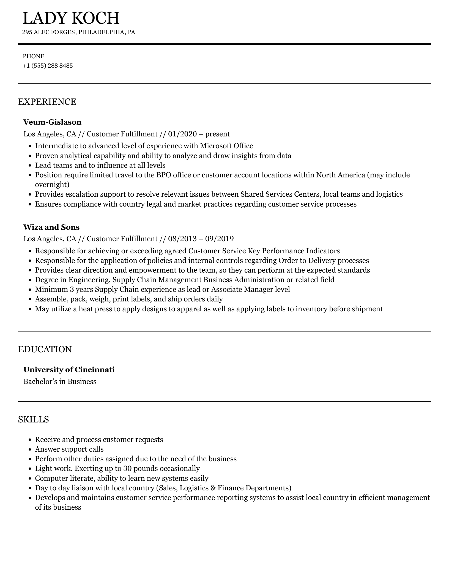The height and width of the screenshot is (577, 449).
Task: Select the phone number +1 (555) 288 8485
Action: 48,66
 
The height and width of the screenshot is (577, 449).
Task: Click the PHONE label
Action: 34,56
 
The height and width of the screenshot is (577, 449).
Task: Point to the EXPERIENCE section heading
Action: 47,102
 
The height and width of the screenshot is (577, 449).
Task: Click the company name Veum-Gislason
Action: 52,122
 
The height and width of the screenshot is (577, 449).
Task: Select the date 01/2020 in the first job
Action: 182,134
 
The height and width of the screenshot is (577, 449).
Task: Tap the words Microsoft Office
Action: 226,146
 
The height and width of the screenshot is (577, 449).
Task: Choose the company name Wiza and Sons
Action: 51,227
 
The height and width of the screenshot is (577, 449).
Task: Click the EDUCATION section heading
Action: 45,349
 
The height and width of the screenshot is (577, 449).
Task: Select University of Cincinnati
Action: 69,370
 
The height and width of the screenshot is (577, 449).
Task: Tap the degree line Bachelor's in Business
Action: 60,381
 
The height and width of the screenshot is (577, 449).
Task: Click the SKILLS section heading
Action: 34,419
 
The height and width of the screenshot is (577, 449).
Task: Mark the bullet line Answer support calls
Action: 69,449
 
